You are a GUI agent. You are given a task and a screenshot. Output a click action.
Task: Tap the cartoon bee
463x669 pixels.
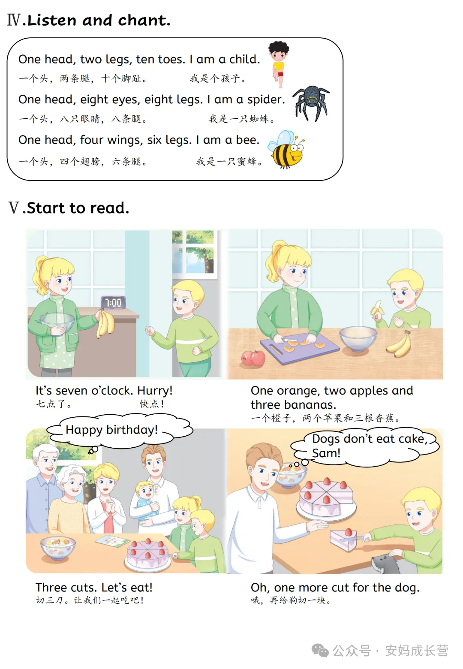[x=286, y=150]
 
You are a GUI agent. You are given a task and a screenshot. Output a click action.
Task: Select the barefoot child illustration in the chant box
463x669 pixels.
[x=279, y=64]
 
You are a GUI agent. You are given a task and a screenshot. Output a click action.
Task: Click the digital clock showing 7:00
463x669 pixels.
[x=113, y=302]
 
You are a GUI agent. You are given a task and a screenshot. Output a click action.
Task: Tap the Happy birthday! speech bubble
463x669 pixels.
[x=120, y=431]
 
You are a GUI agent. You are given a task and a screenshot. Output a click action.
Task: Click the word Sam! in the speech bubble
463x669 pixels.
[x=326, y=453]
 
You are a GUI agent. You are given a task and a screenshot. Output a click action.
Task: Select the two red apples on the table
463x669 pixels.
[x=253, y=358]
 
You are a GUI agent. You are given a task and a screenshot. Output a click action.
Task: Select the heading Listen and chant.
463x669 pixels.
[x=99, y=20]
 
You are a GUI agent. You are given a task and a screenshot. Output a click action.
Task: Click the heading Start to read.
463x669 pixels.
[x=78, y=208]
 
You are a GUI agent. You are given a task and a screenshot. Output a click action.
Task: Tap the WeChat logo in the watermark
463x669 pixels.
[x=320, y=651]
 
